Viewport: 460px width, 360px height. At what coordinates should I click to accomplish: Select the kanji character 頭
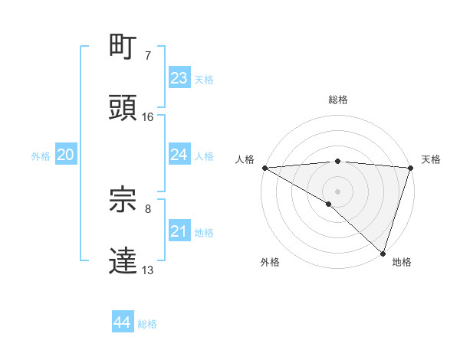123,108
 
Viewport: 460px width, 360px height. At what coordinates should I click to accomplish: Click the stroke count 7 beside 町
147,56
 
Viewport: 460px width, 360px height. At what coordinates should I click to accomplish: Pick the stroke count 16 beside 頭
148,116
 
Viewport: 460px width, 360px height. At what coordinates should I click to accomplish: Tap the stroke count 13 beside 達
148,270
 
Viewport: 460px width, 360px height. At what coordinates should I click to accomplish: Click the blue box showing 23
179,78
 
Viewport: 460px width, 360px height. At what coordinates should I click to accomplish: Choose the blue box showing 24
179,155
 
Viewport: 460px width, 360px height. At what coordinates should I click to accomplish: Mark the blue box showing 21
179,231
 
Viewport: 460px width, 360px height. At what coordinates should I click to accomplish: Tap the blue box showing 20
65,155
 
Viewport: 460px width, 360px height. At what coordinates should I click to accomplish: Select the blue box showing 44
122,322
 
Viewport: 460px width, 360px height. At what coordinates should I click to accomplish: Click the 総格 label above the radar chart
337,100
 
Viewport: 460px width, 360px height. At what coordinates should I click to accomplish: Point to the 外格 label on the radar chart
270,262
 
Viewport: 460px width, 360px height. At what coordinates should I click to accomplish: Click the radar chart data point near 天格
411,168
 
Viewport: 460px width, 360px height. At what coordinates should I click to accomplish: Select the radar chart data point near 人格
264,168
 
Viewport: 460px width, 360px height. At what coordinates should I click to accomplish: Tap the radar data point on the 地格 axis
383,253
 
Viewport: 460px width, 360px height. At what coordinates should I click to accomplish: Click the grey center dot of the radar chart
337,191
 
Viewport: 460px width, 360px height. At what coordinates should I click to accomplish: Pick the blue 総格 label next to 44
147,324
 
